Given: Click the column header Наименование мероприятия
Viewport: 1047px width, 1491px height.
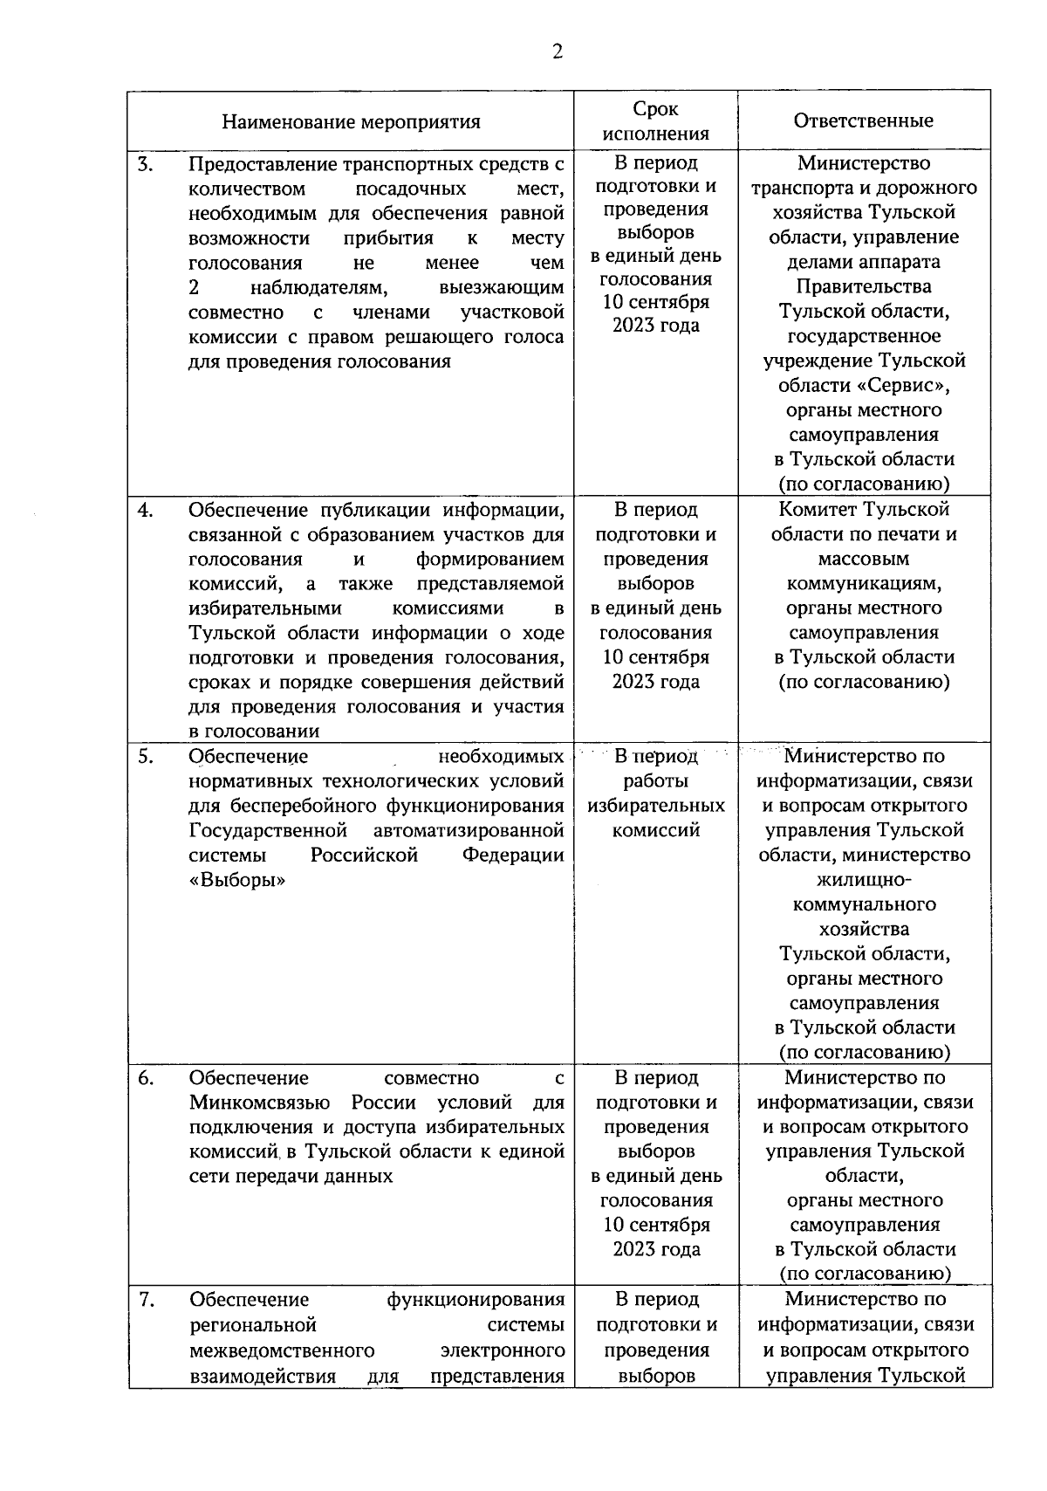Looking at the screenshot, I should click(351, 121).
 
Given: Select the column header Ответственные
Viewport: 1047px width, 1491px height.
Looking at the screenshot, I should click(863, 120).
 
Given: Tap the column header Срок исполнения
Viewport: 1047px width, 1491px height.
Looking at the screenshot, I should click(655, 121).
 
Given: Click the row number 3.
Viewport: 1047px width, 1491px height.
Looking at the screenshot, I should click(146, 163).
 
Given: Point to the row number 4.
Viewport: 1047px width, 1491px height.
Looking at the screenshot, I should click(146, 510).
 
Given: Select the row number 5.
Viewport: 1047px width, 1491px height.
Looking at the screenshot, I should click(146, 757).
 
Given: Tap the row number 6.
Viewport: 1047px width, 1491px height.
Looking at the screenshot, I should click(146, 1078).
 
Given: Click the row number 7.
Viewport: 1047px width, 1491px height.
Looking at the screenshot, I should click(146, 1301).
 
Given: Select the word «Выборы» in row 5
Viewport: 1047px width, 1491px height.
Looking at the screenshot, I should click(237, 880).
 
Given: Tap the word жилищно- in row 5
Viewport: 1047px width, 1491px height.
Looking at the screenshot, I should click(864, 879).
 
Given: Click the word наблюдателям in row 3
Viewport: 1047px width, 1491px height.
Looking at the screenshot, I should click(318, 288).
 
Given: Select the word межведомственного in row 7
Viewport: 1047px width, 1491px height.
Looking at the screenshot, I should click(282, 1350).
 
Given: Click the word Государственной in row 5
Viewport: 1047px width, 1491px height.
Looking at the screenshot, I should click(268, 830).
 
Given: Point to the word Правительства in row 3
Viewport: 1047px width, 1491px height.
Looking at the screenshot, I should click(864, 286).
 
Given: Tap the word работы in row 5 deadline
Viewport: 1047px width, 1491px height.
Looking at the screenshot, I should click(655, 780).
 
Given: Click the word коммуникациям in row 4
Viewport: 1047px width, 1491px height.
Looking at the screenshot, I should click(864, 583).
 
